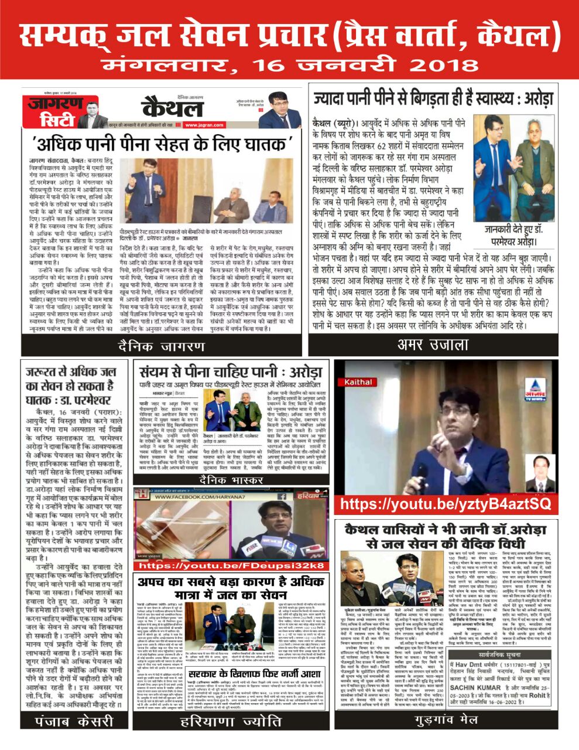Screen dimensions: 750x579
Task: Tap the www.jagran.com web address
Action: click(x=204, y=125)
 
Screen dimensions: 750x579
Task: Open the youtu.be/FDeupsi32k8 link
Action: click(x=231, y=565)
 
